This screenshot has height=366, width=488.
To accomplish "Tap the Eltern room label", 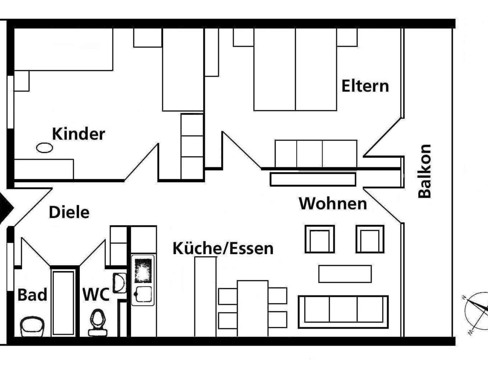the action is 365,86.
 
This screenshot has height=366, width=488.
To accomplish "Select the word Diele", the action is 69,212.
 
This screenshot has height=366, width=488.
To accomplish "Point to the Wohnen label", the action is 333,204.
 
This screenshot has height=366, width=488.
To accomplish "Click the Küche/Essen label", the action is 223,248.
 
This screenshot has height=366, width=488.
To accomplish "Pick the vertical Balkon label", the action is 425,171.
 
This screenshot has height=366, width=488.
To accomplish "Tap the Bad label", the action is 32,295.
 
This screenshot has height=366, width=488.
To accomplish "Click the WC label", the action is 96,295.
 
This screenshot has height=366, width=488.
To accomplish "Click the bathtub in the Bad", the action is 63,303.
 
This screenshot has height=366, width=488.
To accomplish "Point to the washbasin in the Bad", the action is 32,326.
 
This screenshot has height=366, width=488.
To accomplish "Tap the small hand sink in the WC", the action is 119,283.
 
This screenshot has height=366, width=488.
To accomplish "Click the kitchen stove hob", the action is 143,270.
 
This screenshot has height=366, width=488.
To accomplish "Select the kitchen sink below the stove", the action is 143,294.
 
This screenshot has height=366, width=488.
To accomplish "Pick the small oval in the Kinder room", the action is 44,148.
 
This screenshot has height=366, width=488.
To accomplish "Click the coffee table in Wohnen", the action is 345,274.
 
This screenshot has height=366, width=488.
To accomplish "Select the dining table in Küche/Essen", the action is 253,308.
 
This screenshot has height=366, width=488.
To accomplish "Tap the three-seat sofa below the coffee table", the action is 343,312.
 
